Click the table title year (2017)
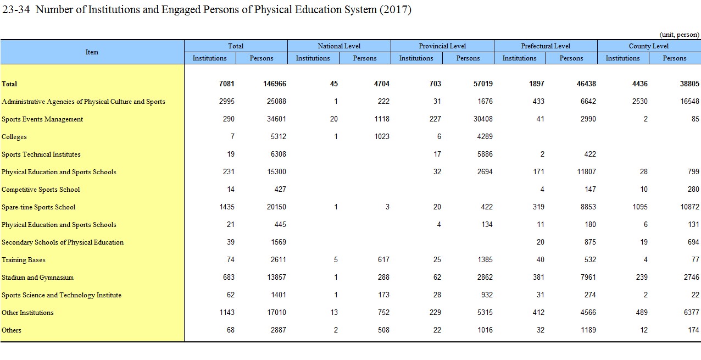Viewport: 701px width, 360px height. pos(396,10)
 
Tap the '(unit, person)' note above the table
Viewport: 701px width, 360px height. pos(679,35)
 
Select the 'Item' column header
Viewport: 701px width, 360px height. pos(92,52)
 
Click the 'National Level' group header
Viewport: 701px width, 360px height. pos(339,46)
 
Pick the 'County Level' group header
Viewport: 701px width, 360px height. pos(649,46)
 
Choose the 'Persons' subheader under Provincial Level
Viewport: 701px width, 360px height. pos(468,58)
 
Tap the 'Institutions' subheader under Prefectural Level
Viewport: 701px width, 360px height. pos(520,58)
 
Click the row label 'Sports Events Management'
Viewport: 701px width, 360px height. pos(42,119)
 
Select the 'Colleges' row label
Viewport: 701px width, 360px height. pos(14,137)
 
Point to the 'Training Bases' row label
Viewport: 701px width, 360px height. pos(24,260)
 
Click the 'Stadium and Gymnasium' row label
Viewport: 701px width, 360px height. pos(37,278)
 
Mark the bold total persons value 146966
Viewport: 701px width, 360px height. pos(275,84)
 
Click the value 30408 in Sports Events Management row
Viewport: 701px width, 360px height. pos(483,119)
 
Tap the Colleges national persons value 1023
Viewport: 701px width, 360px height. pos(382,136)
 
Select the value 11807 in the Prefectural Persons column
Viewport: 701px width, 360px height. pos(586,171)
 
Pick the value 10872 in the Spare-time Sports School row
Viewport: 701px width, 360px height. pos(689,207)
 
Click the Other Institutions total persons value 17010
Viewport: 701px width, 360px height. pos(276,312)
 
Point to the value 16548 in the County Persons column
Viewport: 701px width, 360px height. pos(689,102)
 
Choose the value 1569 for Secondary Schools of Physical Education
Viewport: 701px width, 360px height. pos(279,242)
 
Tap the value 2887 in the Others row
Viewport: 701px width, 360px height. pos(279,330)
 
